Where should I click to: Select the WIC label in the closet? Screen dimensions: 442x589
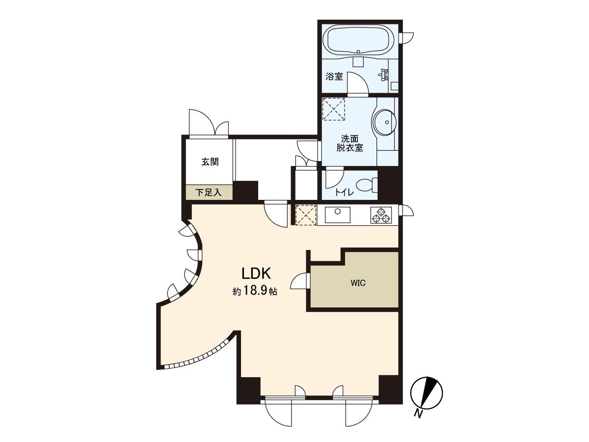pos(358,283)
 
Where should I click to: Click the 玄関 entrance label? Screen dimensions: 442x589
pos(210,162)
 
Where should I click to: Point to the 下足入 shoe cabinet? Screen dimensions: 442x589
pos(209,193)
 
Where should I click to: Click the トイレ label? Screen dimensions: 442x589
pos(344,193)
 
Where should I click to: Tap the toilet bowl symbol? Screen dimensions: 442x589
pos(366,185)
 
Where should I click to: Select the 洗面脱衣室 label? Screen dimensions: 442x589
pos(349,143)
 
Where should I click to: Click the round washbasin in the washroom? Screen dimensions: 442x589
pos(384,121)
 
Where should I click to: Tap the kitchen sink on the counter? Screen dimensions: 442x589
pos(338,215)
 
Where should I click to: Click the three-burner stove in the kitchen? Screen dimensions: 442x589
pos(382,215)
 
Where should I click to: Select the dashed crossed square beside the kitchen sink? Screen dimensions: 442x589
pos(306,215)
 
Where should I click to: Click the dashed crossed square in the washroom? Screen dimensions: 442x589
pos(334,109)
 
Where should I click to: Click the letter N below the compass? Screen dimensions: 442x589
pos(418,414)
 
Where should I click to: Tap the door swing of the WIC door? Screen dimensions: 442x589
pos(299,281)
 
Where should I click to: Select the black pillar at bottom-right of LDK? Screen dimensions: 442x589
pos(390,389)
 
